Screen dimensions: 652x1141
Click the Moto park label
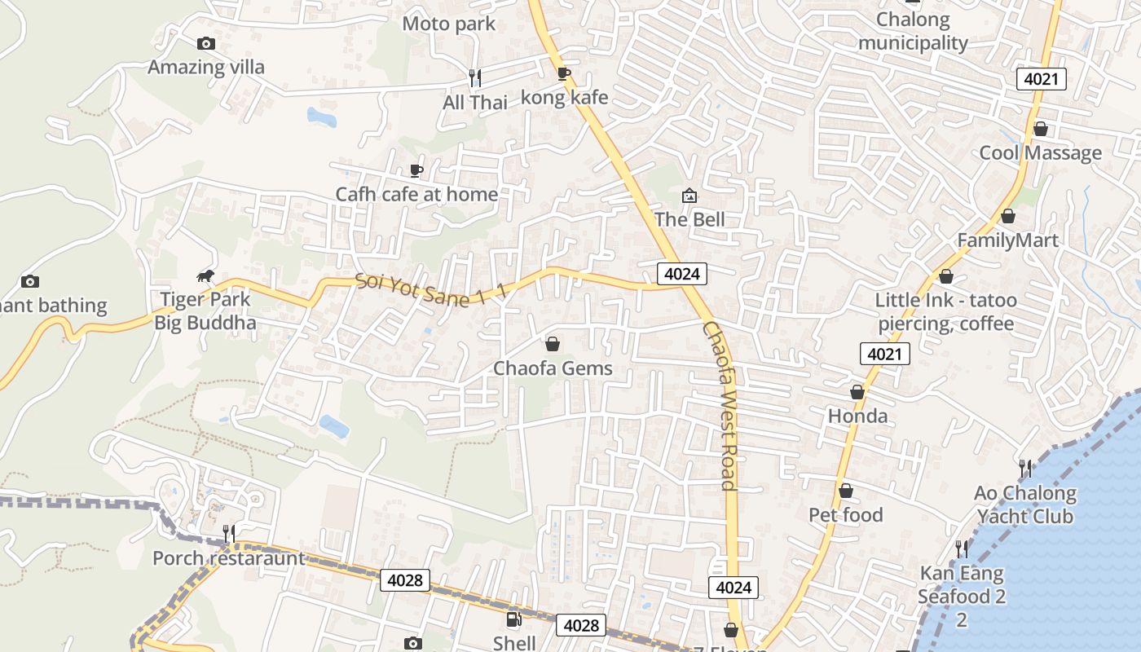coord(448,24)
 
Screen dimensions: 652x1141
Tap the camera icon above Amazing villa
coord(206,43)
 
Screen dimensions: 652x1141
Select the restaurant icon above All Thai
coord(475,77)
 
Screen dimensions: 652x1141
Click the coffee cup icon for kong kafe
coord(563,74)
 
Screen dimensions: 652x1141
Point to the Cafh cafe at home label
coord(416,194)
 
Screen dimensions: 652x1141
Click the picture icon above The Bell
coord(689,196)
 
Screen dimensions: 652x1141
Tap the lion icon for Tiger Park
coord(205,276)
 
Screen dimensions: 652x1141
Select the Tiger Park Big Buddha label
coord(205,311)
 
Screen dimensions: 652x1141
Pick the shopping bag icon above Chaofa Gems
coord(553,344)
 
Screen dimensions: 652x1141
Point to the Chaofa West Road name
coord(720,405)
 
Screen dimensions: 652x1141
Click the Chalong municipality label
coord(913,31)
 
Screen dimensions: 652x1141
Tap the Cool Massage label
coord(1040,152)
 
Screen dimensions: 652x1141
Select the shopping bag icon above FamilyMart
coord(1008,216)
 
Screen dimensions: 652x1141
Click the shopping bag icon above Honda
coord(857,392)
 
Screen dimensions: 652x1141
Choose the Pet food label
coord(845,515)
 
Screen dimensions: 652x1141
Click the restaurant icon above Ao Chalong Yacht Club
coord(1025,468)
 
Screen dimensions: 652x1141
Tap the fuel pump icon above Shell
coord(514,619)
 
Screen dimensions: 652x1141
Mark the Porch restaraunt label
coord(228,558)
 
